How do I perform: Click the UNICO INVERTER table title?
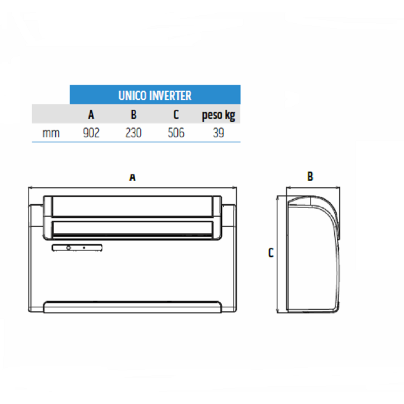tap(154, 95)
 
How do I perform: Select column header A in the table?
tap(91, 115)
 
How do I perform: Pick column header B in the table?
tap(134, 115)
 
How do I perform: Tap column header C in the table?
tap(176, 115)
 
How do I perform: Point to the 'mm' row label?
tap(51, 133)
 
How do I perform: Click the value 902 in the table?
tap(91, 133)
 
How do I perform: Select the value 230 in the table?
tap(134, 133)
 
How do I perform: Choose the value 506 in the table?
tap(176, 133)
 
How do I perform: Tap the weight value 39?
tap(218, 133)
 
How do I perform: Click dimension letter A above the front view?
tap(133, 177)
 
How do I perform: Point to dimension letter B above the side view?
tap(310, 177)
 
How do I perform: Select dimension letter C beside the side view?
tap(271, 253)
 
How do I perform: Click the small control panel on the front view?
tap(76, 248)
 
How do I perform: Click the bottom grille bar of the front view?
tap(132, 307)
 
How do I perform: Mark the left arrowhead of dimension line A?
tap(29, 187)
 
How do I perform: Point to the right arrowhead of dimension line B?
tap(339, 187)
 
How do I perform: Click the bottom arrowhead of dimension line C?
tap(277, 312)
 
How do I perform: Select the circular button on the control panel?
tap(68, 248)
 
